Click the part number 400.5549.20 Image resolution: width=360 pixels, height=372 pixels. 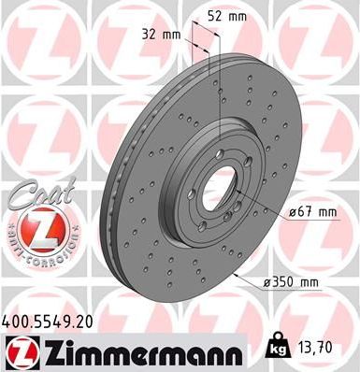pyautogui.click(x=49, y=322)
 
